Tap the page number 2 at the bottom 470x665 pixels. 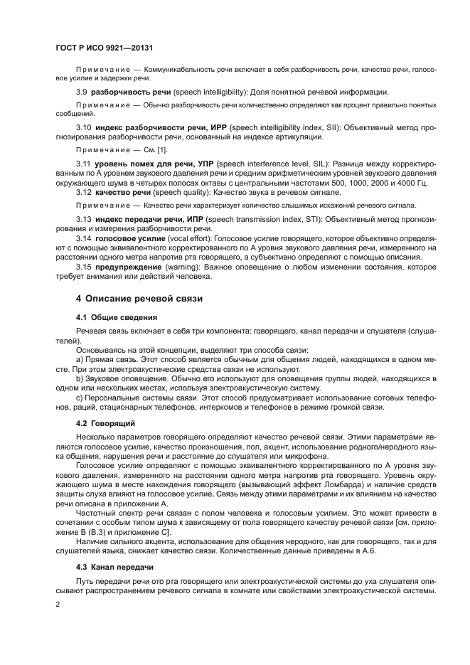(x=58, y=603)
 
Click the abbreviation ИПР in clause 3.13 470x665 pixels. (x=197, y=219)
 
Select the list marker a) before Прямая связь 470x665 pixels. (x=80, y=360)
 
